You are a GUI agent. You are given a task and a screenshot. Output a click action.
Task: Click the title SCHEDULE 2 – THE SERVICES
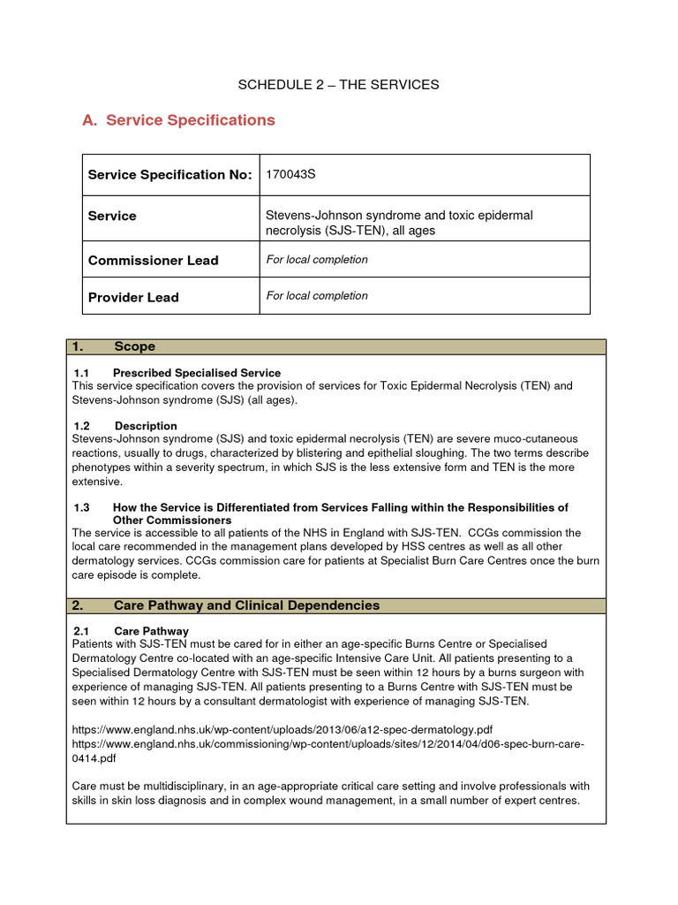(338, 85)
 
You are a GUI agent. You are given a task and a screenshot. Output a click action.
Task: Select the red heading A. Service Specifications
(178, 120)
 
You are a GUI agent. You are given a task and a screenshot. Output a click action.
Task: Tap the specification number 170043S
(291, 175)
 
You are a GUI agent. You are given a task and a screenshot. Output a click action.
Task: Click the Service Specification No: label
(169, 175)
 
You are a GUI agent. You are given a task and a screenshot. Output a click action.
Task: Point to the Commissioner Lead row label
(153, 261)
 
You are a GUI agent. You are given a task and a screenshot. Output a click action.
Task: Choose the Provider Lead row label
(133, 298)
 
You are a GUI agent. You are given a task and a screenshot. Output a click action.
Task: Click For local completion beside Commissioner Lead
(317, 260)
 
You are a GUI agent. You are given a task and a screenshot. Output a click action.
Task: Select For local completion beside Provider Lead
(317, 296)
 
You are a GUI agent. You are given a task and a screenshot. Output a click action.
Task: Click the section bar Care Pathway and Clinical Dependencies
(246, 605)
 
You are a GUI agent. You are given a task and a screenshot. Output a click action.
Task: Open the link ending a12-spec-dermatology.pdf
(282, 729)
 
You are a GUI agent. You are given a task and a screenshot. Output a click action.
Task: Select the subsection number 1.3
(82, 507)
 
